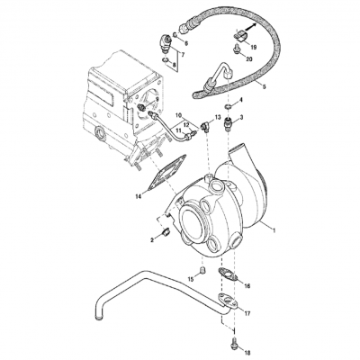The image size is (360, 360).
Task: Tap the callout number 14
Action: (x=138, y=195)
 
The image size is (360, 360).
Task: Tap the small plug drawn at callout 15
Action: (x=202, y=268)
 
